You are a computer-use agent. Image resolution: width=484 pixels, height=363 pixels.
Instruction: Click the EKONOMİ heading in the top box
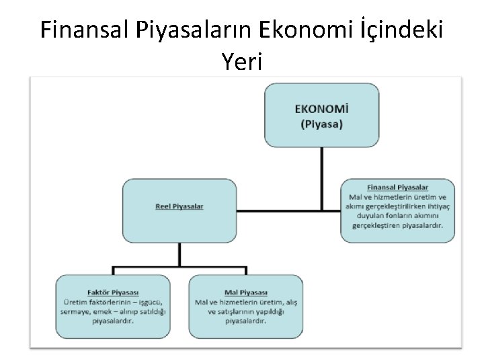[321, 108]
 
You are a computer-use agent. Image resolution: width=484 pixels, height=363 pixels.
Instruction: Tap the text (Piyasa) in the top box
[321, 124]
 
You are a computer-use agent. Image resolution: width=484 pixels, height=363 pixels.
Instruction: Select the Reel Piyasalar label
[179, 206]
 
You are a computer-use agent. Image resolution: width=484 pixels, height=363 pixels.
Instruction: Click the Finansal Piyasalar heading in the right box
[397, 186]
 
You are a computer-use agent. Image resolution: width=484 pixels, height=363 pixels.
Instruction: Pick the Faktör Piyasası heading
[113, 292]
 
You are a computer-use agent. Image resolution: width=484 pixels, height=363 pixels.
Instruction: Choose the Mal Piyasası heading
[245, 292]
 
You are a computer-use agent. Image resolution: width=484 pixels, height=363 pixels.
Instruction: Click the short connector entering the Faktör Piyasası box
[113, 271]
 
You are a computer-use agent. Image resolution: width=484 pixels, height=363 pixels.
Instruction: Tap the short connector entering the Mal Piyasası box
[246, 271]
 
